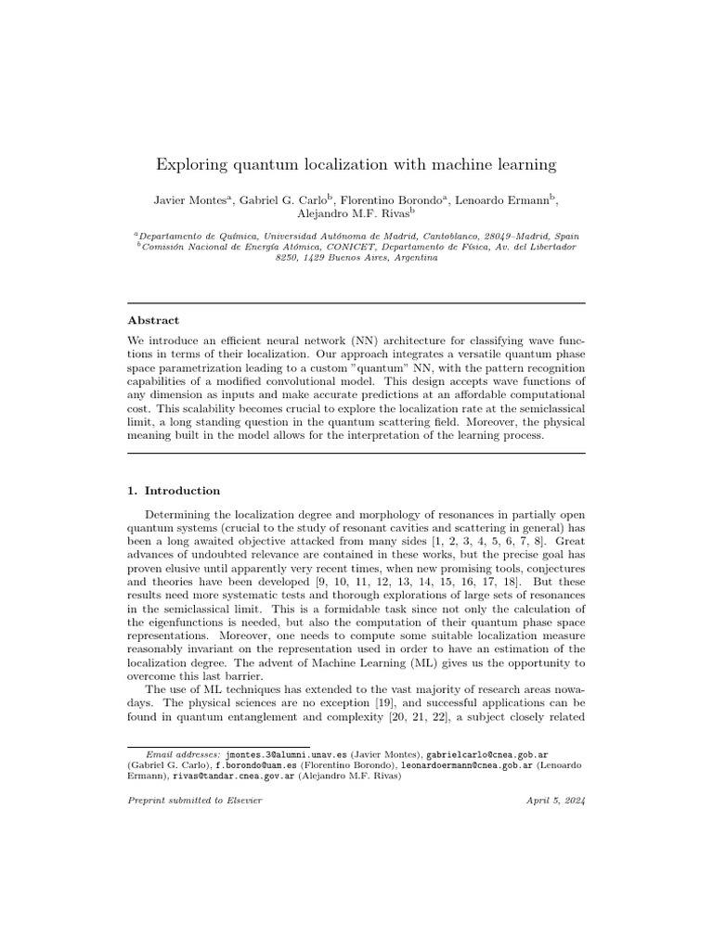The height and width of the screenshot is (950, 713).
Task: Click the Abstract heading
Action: point(153,320)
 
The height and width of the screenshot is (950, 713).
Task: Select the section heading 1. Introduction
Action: point(174,491)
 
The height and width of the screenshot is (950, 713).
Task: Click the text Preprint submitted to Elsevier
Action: point(194,801)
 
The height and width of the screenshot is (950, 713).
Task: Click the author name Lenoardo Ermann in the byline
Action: point(506,201)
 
